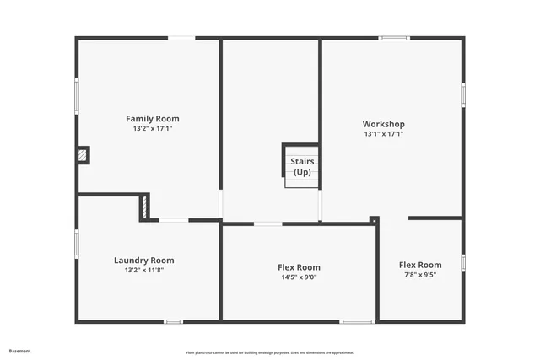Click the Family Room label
click(153, 119)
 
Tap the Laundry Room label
click(144, 261)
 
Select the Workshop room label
click(384, 124)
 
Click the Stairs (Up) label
click(301, 166)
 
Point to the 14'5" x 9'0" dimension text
click(299, 277)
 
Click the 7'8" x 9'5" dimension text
click(419, 274)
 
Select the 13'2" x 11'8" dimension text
click(143, 270)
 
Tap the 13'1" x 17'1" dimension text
click(384, 133)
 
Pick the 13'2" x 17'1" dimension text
click(153, 129)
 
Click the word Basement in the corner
click(20, 350)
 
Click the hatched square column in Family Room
click(83, 155)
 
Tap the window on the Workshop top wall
click(393, 38)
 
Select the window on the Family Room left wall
click(77, 97)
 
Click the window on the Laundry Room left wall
click(77, 244)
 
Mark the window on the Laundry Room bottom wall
click(173, 321)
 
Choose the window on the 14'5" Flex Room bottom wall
click(357, 321)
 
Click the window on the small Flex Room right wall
click(462, 263)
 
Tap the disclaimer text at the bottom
click(270, 352)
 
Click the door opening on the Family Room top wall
click(181, 38)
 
